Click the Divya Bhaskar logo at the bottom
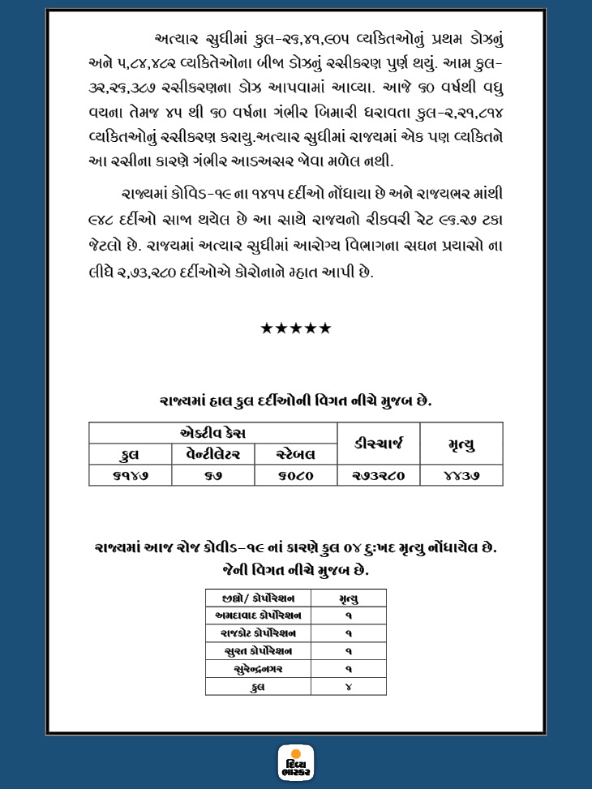tap(296, 763)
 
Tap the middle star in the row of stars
tap(296, 328)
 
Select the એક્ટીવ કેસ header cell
tap(212, 432)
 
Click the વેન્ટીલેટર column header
tap(212, 454)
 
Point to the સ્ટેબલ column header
tap(295, 454)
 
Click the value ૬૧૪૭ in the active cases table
tap(129, 476)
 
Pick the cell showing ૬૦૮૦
tap(295, 476)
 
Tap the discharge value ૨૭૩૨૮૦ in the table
tap(377, 476)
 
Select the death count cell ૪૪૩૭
tap(461, 476)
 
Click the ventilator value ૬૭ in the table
tap(212, 476)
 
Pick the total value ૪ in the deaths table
tap(348, 687)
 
